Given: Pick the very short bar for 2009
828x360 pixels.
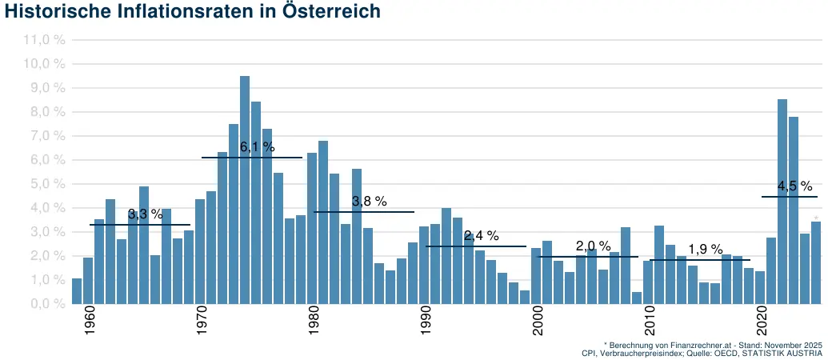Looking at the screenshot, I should (x=637, y=298).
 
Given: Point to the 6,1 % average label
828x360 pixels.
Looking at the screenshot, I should (x=257, y=147).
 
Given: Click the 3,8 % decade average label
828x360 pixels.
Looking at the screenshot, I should (x=369, y=202).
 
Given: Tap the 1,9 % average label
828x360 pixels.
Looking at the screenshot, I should (x=705, y=250).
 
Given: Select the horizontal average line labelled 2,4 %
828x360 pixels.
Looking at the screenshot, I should (x=475, y=246).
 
